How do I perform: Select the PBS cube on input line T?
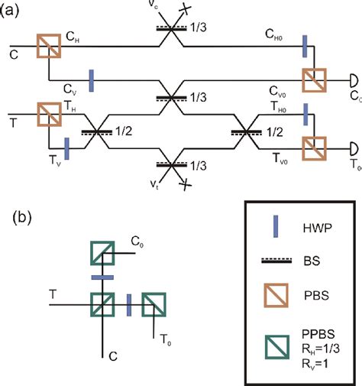point(48,116)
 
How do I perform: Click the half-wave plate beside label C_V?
point(90,79)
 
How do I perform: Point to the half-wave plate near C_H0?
point(304,45)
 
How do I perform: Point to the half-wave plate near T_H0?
point(304,114)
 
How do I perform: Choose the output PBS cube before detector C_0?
point(314,79)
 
